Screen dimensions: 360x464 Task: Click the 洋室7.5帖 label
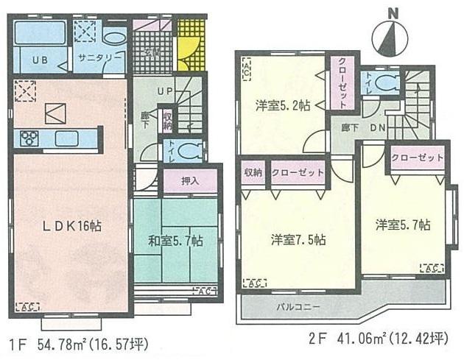click(x=298, y=240)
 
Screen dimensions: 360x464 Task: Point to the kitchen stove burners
click(x=30, y=138)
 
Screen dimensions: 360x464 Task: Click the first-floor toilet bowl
click(x=189, y=151)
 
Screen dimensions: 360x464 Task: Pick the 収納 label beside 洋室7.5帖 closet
click(x=253, y=172)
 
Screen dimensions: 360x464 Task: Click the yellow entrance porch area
click(x=189, y=52)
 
